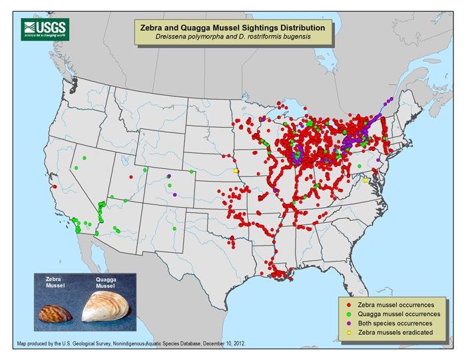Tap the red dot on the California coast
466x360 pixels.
[x=54, y=186]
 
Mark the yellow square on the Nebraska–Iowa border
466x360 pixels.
[x=236, y=171]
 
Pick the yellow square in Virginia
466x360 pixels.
[x=365, y=180]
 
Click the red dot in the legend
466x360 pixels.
[x=346, y=304]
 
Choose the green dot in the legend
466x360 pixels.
[x=346, y=313]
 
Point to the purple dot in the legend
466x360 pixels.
[x=346, y=322]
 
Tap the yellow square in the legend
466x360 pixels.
[x=346, y=331]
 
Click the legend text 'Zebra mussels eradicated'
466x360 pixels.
[x=395, y=331]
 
